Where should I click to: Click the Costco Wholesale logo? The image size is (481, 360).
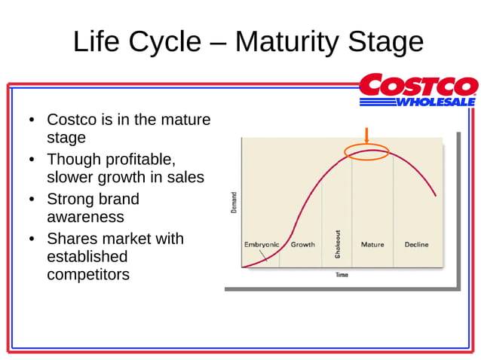(418, 90)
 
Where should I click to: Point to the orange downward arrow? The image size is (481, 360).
(366, 136)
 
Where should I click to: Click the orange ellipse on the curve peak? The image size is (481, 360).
(366, 151)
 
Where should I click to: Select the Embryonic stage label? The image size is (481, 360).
(262, 245)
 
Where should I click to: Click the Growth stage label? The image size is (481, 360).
(302, 245)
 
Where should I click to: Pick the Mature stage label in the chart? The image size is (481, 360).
(372, 245)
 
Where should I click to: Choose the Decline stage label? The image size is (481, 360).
(416, 245)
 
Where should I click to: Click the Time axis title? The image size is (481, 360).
(342, 275)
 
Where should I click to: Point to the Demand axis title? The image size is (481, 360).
(234, 201)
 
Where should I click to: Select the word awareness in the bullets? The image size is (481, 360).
(85, 217)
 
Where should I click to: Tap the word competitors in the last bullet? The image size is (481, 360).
(87, 274)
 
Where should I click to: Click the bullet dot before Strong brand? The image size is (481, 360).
(32, 200)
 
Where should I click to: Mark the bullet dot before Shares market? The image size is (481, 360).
(32, 239)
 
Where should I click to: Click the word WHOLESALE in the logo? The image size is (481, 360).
(436, 101)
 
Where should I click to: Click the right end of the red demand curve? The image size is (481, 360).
(435, 196)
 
